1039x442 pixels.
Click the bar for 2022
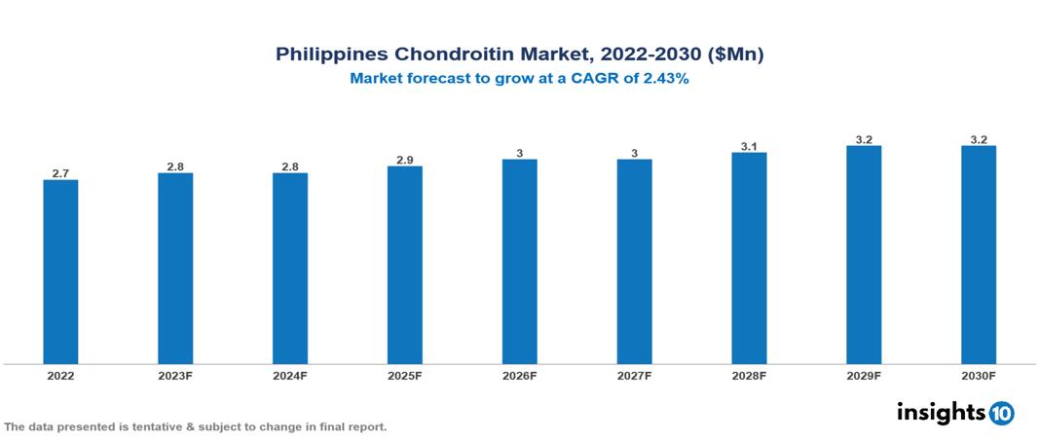(60, 272)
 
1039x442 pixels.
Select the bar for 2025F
(405, 265)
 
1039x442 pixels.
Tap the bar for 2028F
(749, 258)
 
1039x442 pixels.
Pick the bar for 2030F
(979, 255)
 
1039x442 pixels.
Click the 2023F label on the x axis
(175, 375)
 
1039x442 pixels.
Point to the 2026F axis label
(520, 375)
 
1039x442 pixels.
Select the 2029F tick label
(864, 375)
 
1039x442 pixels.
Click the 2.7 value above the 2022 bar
(60, 173)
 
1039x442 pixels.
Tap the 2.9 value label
(405, 160)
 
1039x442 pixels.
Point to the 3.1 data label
(749, 146)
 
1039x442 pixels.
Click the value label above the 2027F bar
(634, 153)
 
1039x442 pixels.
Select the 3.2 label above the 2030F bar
(979, 139)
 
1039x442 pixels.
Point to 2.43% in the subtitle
(664, 80)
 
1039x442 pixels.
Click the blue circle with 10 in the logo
(1001, 413)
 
